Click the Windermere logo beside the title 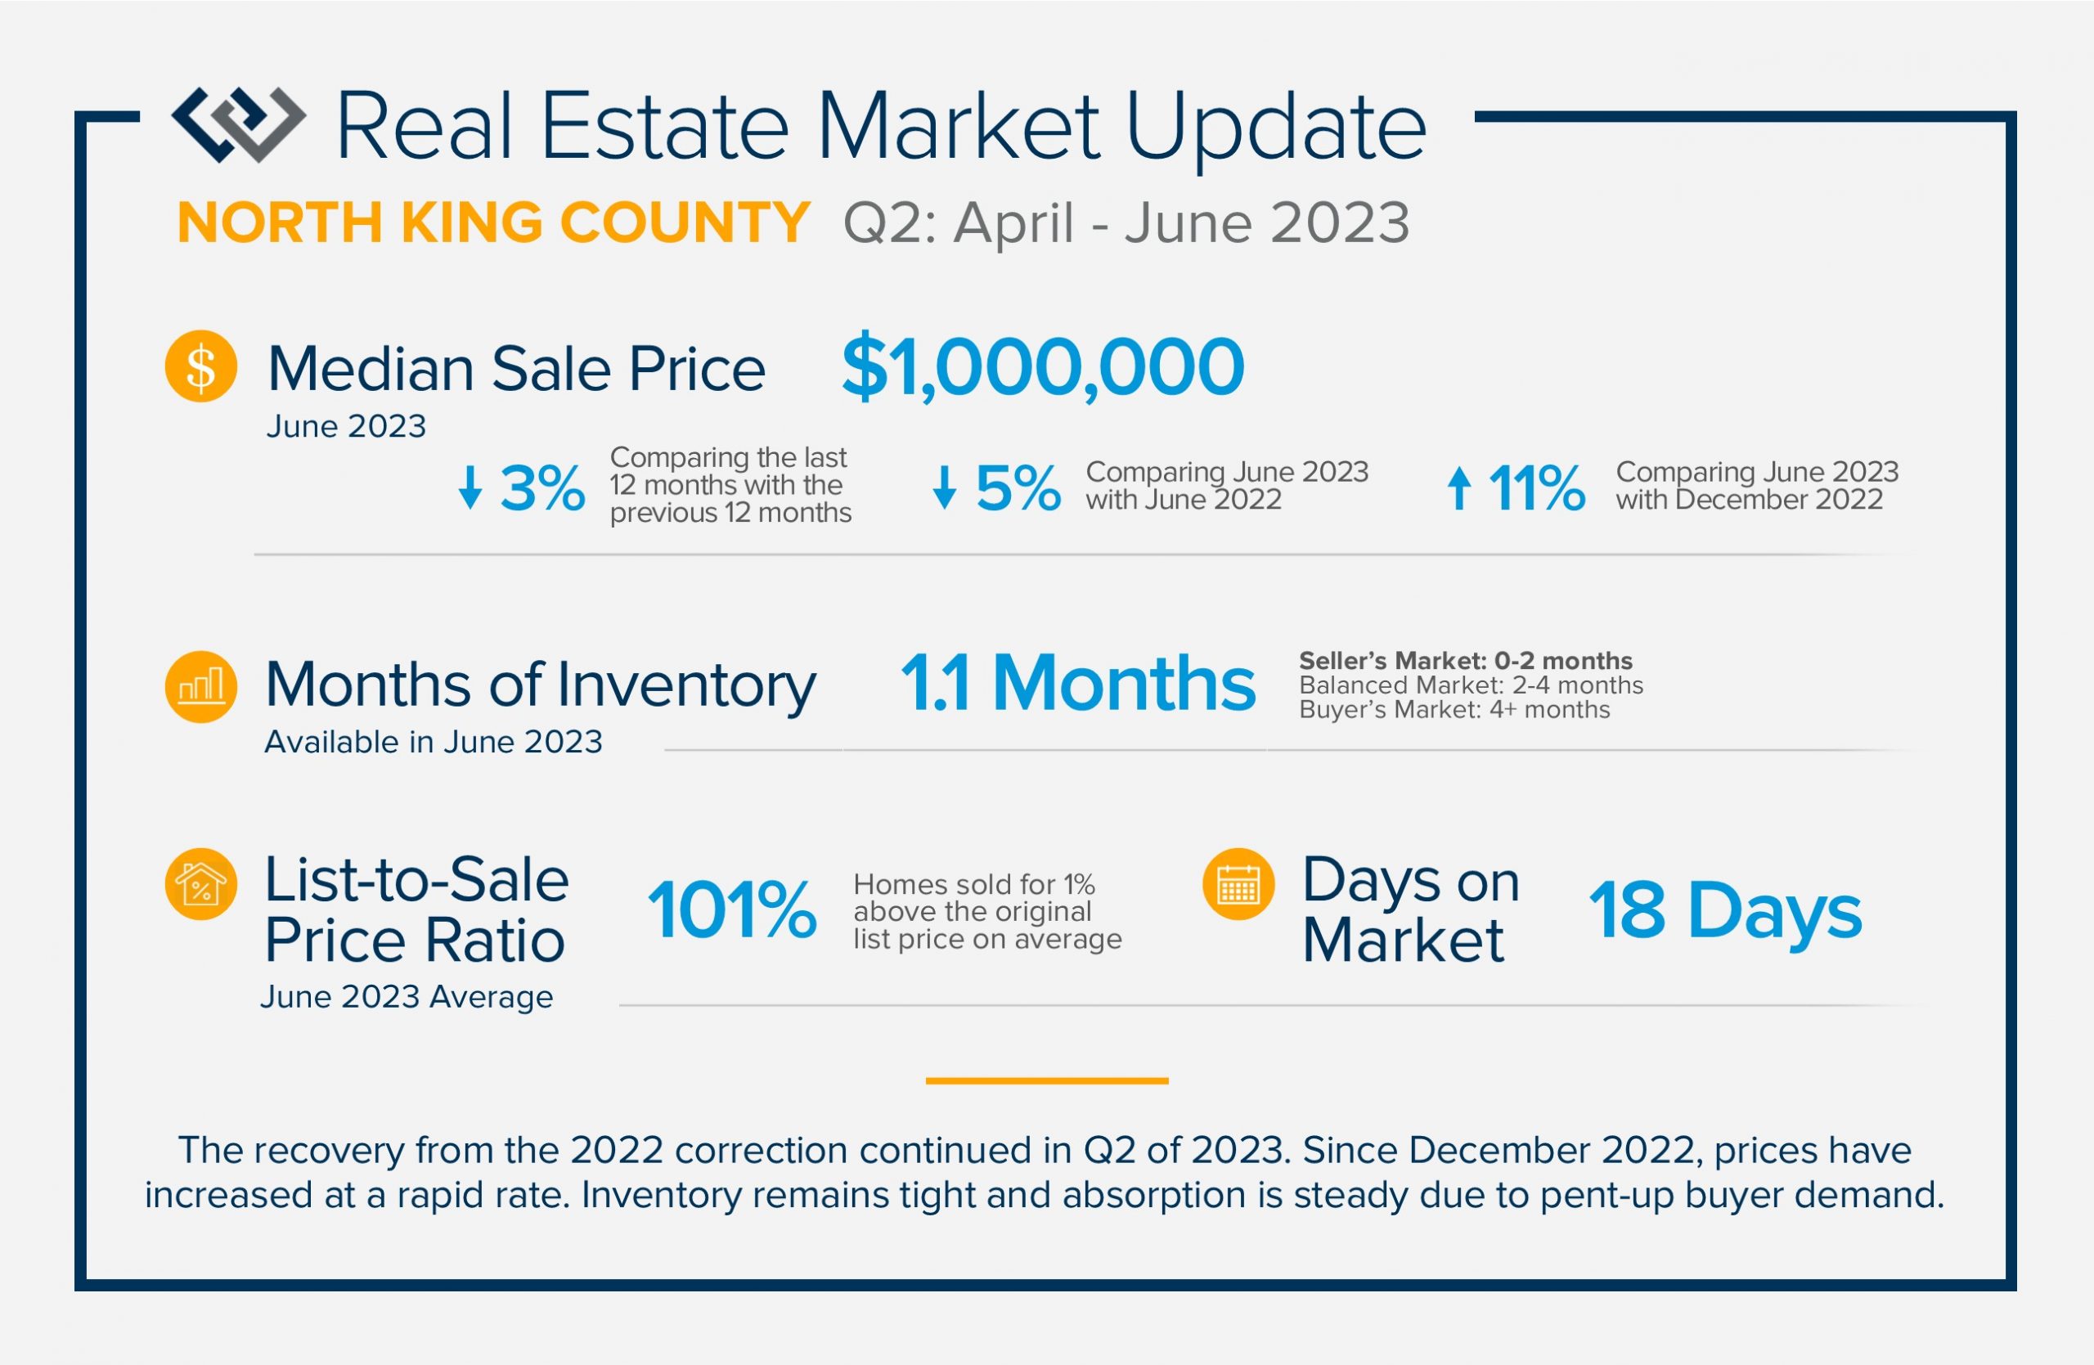[238, 124]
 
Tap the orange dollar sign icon [200, 366]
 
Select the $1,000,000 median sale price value [1043, 368]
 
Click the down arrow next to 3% [470, 487]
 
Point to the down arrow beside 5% [944, 487]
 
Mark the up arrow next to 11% [1458, 487]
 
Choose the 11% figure [1536, 488]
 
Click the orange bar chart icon [200, 686]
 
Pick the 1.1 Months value [1078, 684]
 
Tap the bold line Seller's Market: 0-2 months [1465, 661]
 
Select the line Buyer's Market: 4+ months [1454, 710]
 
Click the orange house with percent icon [200, 884]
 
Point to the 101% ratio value [732, 910]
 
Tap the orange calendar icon [1238, 884]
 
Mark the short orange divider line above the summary [1047, 1081]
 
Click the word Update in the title [1275, 129]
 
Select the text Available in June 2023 [434, 743]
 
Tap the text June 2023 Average [407, 997]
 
